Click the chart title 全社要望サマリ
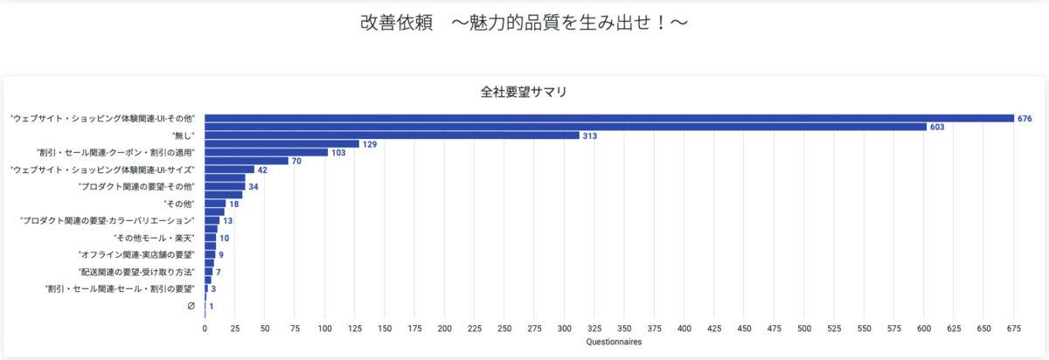click(x=524, y=92)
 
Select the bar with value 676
click(x=608, y=118)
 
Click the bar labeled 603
click(x=565, y=127)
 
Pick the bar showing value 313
click(x=392, y=135)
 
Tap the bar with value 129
click(x=281, y=144)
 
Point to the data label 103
click(x=338, y=153)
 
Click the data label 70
click(x=297, y=161)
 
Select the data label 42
click(x=262, y=170)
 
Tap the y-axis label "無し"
click(x=184, y=135)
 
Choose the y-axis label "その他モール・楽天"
click(x=155, y=238)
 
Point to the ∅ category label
click(x=191, y=306)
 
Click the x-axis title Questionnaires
click(x=614, y=342)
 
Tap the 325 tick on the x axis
click(x=594, y=329)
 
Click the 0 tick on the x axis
click(x=205, y=329)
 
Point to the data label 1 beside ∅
click(x=212, y=307)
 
